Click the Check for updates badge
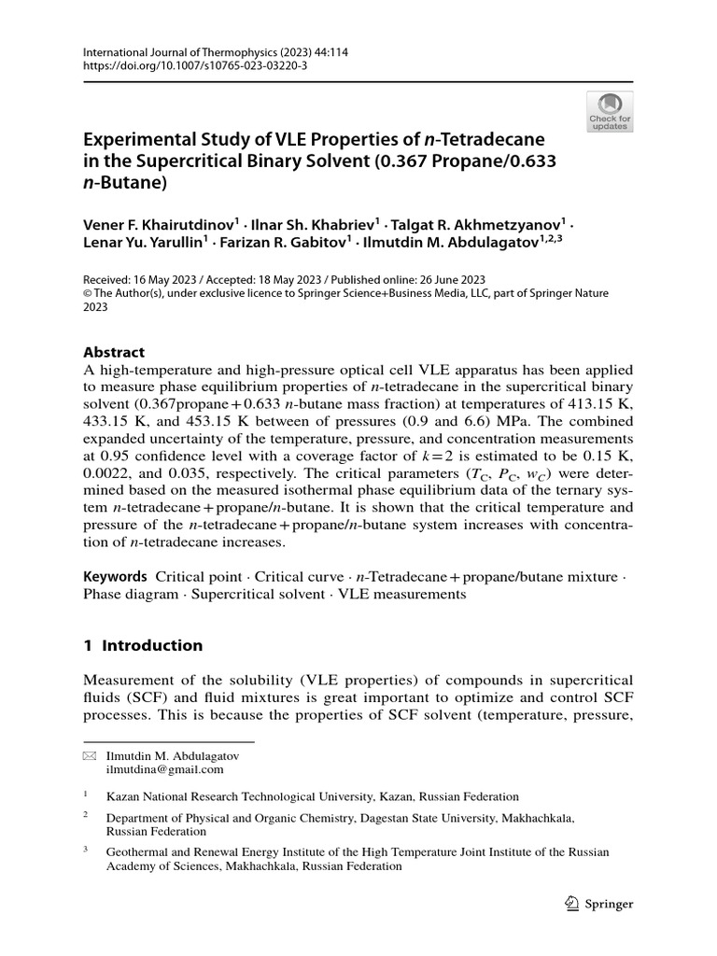pyautogui.click(x=610, y=110)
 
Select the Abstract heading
pyautogui.click(x=114, y=352)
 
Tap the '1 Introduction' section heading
pyautogui.click(x=143, y=645)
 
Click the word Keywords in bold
pyautogui.click(x=115, y=577)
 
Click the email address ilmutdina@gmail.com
pyautogui.click(x=165, y=769)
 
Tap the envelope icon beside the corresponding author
pyautogui.click(x=90, y=755)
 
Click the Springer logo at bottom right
pyautogui.click(x=600, y=904)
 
